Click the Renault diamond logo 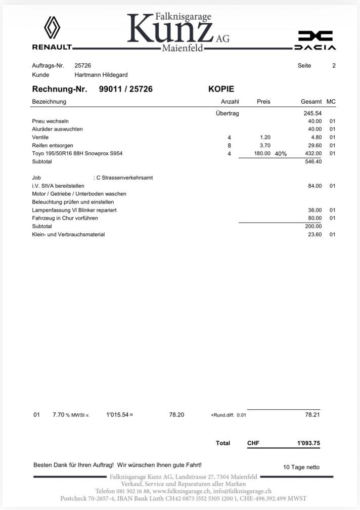tap(52, 27)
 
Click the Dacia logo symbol tap(315, 35)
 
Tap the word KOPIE tap(221, 89)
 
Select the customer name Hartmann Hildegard tap(101, 75)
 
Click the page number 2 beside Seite tap(334, 65)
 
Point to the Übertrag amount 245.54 tap(312, 113)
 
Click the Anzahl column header tap(230, 102)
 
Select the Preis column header tap(263, 102)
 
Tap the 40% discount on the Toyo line tap(281, 154)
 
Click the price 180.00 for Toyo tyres tap(262, 153)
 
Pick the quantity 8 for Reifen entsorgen tap(229, 145)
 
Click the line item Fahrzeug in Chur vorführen tap(65, 218)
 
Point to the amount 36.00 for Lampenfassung tap(314, 210)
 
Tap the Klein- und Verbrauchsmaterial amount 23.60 tap(314, 234)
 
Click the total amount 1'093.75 tap(308, 443)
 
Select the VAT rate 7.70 tap(59, 415)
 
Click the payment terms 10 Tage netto tap(301, 467)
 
